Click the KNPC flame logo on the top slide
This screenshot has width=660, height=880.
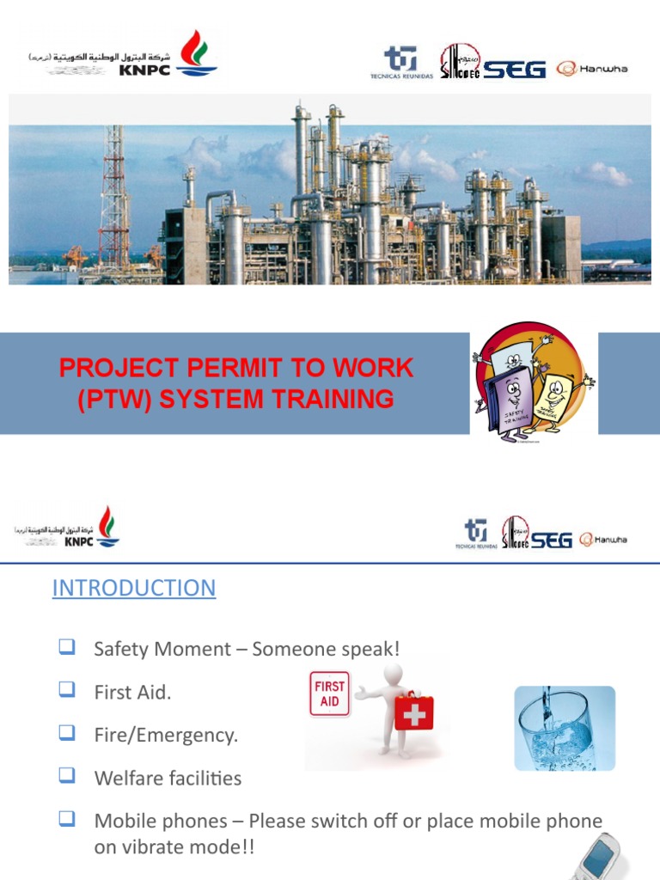197,53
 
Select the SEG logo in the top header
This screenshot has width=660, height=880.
514,70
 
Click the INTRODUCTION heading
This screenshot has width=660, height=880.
134,588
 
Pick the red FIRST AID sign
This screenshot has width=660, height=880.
329,694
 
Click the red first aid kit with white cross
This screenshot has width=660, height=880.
414,710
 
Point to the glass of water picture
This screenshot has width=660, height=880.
565,727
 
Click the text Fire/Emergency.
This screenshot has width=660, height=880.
166,736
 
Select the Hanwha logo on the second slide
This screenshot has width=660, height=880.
603,540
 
